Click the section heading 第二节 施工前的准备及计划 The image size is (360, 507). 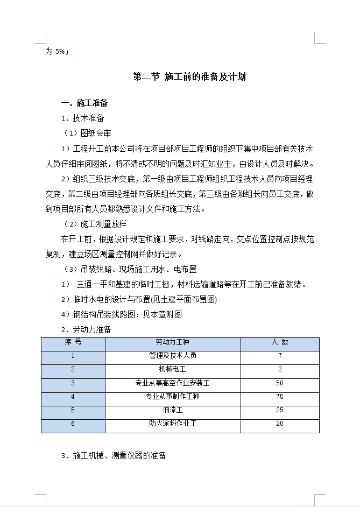[189, 77]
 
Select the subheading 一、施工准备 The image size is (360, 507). [84, 103]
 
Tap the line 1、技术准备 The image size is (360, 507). [82, 118]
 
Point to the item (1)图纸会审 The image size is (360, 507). [87, 133]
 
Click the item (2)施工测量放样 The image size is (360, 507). [95, 223]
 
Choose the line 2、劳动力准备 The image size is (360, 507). [86, 329]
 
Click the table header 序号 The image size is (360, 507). [73, 342]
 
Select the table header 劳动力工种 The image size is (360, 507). [173, 342]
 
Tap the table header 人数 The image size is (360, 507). [279, 342]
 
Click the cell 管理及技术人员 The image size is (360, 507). [173, 356]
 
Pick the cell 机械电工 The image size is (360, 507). [173, 369]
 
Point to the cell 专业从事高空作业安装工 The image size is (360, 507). [173, 383]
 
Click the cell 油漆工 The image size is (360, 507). [173, 410]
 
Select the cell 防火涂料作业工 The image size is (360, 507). [173, 424]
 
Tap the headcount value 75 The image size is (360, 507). [279, 397]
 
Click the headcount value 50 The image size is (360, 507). [279, 383]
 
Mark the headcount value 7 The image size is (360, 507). [280, 356]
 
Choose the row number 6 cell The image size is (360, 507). [73, 424]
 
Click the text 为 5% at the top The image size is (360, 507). [56, 52]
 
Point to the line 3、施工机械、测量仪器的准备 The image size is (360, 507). [114, 455]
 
